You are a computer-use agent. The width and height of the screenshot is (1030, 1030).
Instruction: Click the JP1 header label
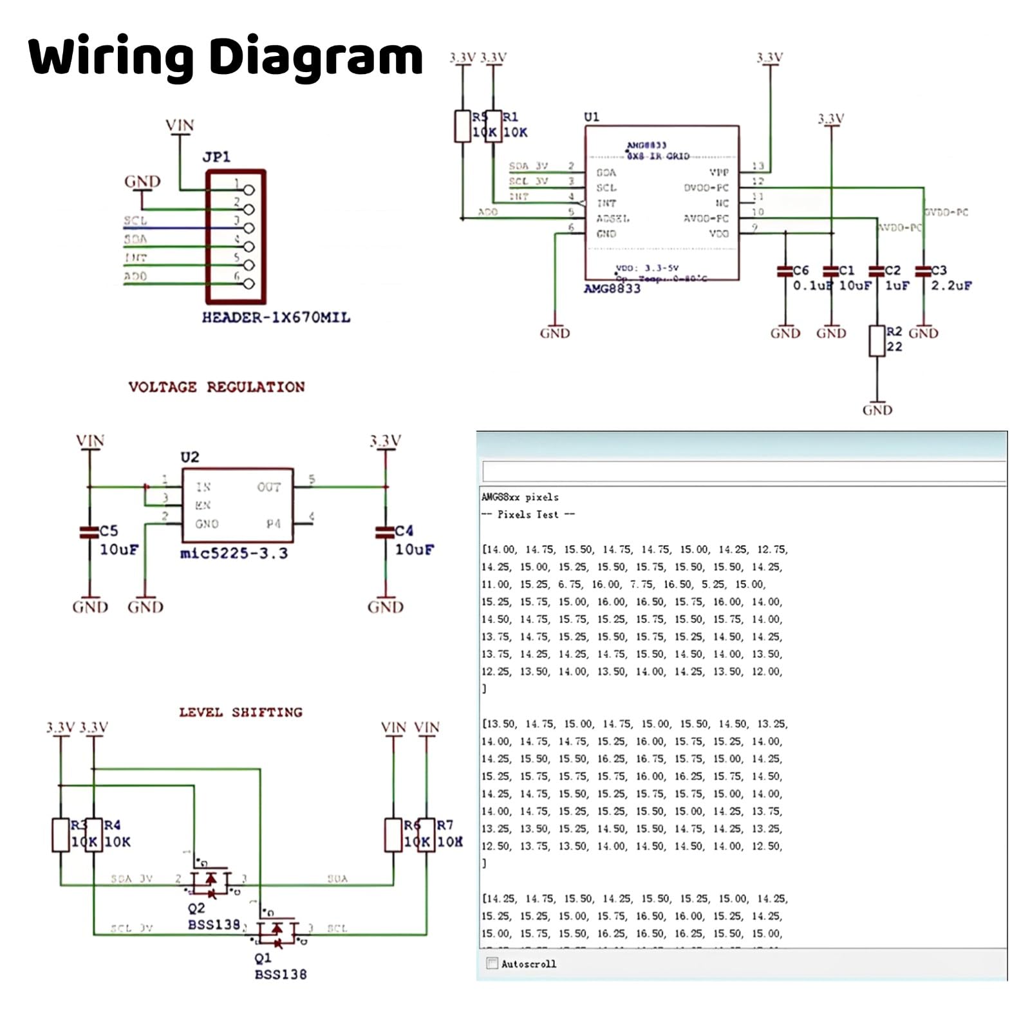[x=216, y=157]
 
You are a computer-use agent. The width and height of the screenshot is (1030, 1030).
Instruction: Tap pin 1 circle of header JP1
[x=249, y=190]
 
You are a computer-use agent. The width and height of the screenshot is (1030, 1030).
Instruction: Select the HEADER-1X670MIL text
[x=276, y=317]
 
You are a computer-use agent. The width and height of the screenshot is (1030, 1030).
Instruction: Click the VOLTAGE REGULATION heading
[x=216, y=387]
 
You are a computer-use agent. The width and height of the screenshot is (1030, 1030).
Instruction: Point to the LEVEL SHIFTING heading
[x=241, y=712]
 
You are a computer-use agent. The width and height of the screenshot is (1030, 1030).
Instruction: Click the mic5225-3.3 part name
[x=234, y=554]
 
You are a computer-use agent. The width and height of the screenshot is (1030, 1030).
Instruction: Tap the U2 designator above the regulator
[x=190, y=457]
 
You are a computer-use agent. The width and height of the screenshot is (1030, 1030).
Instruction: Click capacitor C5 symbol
[x=89, y=532]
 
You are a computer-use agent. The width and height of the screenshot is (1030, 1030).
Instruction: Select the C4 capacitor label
[x=404, y=531]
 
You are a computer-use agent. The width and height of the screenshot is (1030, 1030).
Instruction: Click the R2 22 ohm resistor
[x=877, y=341]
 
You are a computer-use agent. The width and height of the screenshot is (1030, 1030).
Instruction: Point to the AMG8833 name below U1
[x=612, y=289]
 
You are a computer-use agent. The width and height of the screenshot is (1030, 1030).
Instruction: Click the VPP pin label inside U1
[x=718, y=173]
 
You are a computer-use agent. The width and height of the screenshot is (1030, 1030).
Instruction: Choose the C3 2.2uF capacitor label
[x=939, y=270]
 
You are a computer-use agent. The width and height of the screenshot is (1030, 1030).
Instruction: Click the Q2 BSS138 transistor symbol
[x=211, y=881]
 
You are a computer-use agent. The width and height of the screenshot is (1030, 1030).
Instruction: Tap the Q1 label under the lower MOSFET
[x=263, y=959]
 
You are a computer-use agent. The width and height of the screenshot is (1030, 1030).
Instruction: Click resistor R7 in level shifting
[x=426, y=835]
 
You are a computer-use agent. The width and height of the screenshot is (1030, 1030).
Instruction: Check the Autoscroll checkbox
[x=492, y=964]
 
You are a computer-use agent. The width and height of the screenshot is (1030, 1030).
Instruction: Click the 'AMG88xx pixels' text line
[x=520, y=498]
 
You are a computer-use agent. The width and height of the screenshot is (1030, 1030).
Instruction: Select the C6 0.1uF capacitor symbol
[x=785, y=272]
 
